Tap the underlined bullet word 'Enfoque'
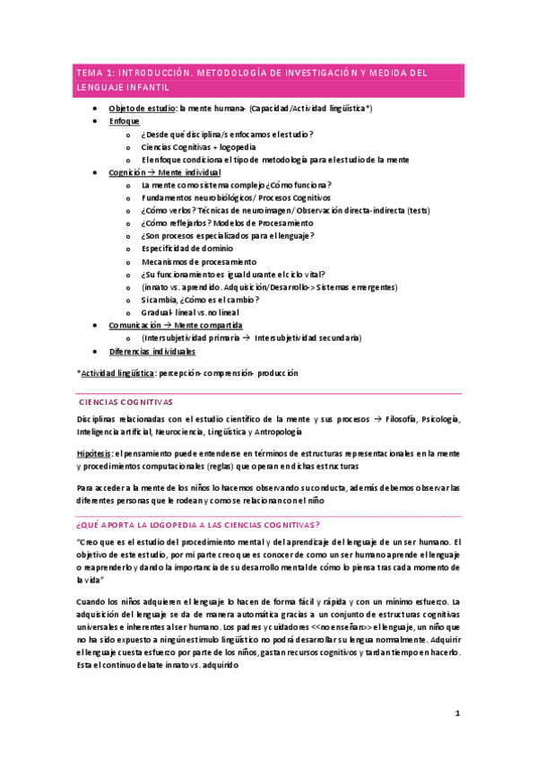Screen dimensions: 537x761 124,121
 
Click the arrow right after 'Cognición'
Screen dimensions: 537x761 153,172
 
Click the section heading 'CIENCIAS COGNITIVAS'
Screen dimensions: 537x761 126,403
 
